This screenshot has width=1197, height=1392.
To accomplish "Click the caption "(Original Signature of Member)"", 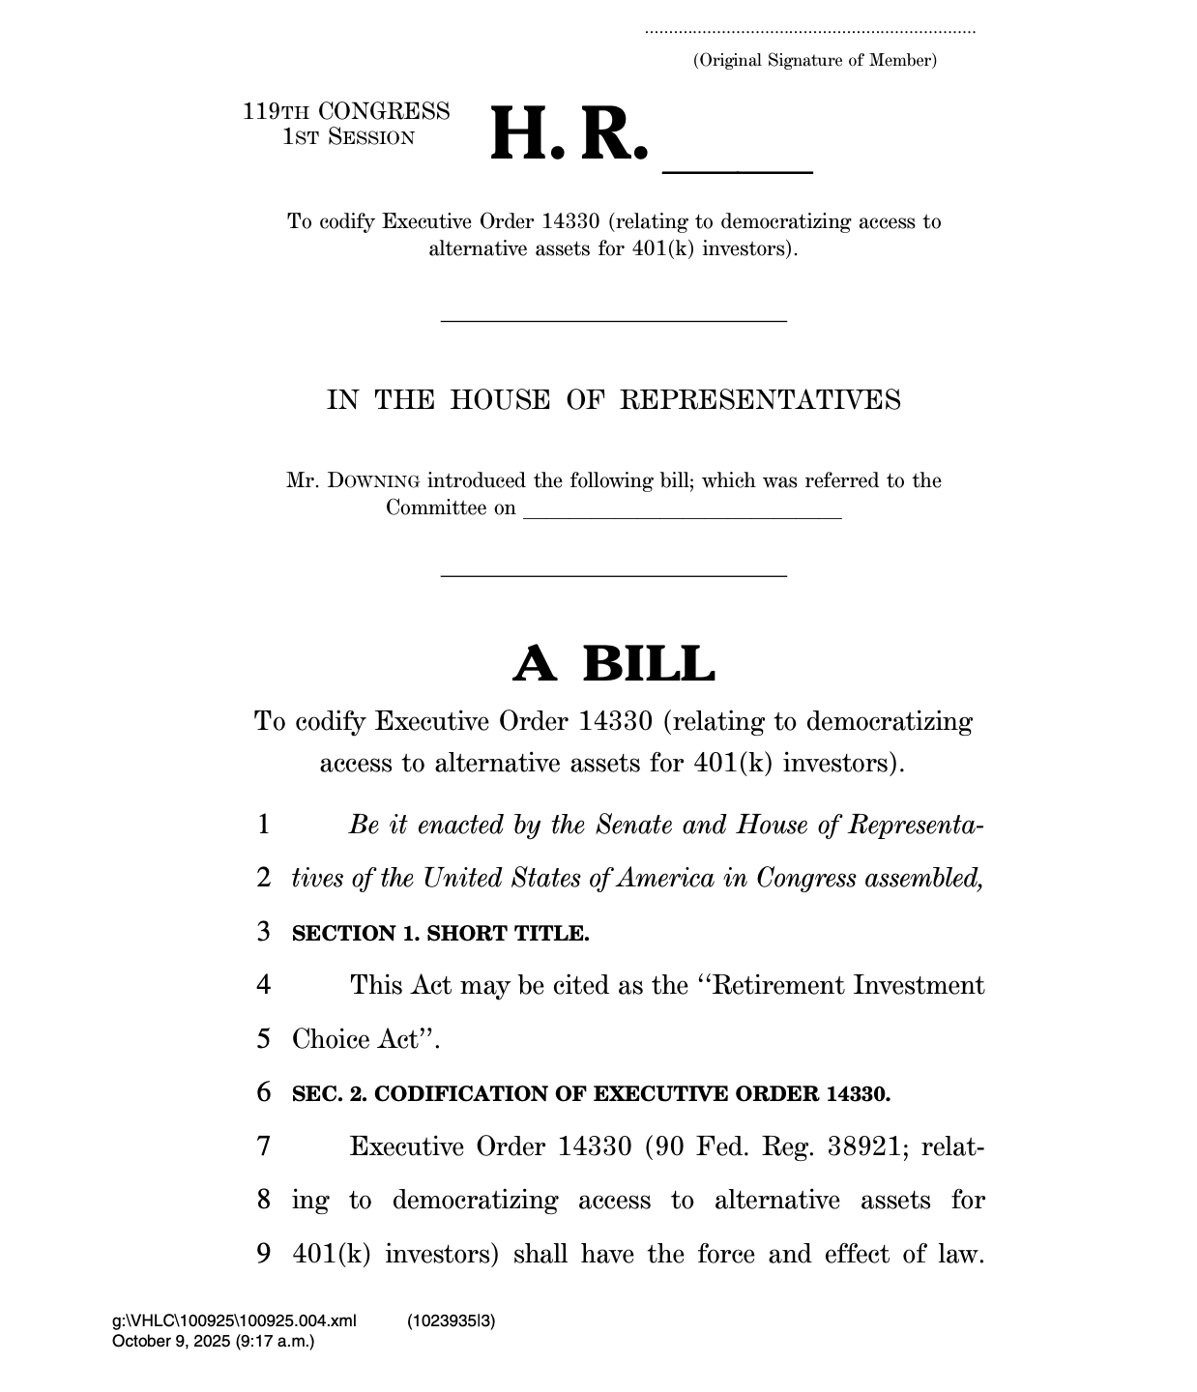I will pos(814,61).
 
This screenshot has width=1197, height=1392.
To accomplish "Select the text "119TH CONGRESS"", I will pos(346,112).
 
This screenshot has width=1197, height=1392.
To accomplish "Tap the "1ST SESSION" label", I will pos(348,137).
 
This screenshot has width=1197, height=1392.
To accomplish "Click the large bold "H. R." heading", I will pos(569,136).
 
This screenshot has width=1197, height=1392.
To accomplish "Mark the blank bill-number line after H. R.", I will pos(737,170).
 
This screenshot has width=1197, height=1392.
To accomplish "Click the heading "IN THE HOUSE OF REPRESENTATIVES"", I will pos(613,400).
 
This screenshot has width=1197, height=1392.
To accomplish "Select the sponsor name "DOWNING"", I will pos(373,481).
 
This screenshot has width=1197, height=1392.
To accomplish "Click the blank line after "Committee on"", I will pos(682,517).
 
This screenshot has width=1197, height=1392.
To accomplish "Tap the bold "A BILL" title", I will pos(613,664).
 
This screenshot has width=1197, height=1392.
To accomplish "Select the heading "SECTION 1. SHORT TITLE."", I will pos(440,934).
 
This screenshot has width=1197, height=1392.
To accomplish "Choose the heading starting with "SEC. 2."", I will pos(591,1094).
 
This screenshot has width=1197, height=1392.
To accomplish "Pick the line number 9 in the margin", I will pos(264,1255).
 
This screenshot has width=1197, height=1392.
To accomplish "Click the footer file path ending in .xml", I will pos(234,1321).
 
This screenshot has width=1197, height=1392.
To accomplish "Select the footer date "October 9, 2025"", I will pos(171,1341).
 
